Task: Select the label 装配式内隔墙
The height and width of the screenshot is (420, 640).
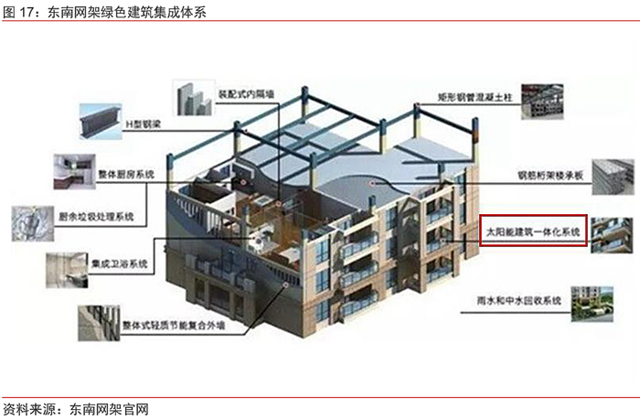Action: click(x=247, y=92)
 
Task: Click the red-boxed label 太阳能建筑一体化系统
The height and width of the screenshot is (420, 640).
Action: click(x=532, y=231)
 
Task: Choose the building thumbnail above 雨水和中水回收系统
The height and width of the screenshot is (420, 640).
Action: click(x=595, y=301)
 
